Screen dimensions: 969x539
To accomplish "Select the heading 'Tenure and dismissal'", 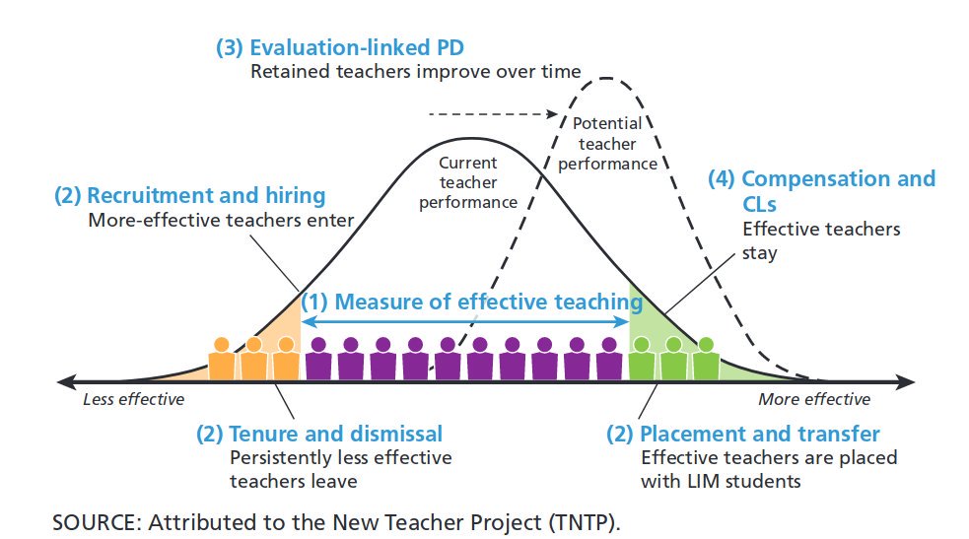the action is (319, 434).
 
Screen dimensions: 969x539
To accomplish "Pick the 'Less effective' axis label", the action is (133, 399).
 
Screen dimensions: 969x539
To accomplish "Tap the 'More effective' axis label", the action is (814, 399).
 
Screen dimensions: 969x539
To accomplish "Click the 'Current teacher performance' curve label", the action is (468, 182).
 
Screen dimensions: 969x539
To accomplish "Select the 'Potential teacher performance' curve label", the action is (607, 143).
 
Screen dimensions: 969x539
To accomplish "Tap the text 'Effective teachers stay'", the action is (820, 240).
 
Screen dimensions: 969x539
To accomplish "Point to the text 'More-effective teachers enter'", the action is (221, 220).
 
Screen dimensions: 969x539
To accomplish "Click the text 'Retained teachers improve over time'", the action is (415, 71).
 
